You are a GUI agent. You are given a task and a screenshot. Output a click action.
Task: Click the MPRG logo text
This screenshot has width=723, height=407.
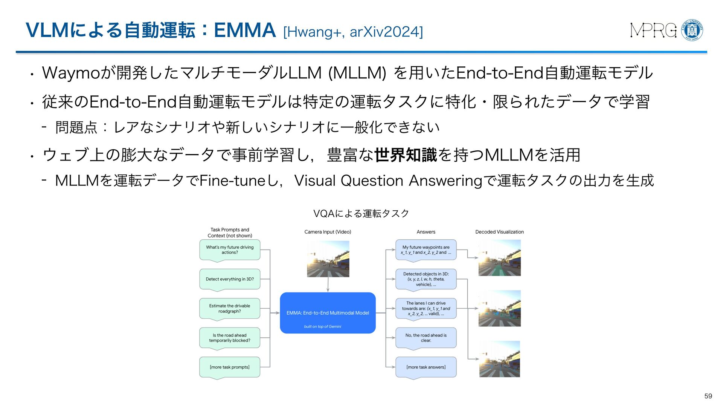(653, 31)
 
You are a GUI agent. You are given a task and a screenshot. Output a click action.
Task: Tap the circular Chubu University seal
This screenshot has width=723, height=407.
(692, 31)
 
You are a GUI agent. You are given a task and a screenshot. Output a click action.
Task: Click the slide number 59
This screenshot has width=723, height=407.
(708, 396)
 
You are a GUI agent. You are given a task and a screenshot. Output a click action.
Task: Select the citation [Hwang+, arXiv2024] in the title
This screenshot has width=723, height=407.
(353, 32)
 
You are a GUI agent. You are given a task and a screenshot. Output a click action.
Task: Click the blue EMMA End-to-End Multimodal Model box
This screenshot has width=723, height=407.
(328, 313)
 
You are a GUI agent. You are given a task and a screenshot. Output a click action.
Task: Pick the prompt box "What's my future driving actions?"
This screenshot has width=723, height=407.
(230, 250)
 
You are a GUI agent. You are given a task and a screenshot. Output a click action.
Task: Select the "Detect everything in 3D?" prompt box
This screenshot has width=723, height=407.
(230, 279)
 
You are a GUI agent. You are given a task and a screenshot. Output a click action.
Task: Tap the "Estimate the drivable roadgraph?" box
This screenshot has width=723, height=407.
(230, 309)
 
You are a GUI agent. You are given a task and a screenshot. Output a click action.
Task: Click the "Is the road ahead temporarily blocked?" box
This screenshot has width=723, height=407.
(230, 338)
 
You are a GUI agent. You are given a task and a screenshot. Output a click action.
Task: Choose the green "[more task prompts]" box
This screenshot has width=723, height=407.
(230, 367)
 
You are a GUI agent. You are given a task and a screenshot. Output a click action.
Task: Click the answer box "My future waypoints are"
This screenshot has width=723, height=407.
(426, 250)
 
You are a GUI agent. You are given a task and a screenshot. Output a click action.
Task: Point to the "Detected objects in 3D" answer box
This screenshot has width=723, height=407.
(426, 279)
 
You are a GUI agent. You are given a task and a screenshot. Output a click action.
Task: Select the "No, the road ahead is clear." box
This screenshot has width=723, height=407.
(426, 338)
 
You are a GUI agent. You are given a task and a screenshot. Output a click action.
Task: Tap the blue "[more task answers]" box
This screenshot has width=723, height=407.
(426, 367)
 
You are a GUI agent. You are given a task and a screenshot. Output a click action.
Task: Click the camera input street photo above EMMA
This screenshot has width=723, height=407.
(328, 259)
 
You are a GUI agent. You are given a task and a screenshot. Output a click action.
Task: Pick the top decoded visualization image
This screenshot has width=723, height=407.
(499, 258)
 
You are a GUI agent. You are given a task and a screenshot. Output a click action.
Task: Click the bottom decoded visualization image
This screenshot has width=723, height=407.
(499, 359)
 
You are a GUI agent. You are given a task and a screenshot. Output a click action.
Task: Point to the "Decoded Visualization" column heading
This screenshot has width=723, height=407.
(499, 232)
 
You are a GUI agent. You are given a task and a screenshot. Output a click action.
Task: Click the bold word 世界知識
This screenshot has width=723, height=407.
(406, 155)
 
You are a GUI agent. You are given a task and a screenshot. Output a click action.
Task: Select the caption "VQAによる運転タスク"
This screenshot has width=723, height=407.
(361, 214)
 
